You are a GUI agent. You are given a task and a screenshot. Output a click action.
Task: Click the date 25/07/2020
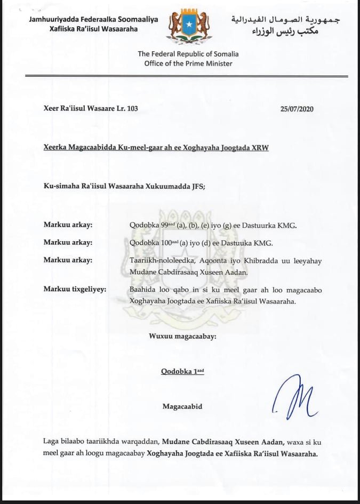click(297, 109)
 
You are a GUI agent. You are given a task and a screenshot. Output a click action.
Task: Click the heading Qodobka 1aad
click(182, 372)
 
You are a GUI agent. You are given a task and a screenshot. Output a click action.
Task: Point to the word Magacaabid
click(182, 407)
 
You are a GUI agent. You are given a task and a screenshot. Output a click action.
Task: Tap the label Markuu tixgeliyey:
click(75, 290)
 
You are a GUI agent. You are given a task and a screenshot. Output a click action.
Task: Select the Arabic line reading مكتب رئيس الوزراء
click(285, 31)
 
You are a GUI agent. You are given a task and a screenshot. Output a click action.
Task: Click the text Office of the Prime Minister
click(188, 64)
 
